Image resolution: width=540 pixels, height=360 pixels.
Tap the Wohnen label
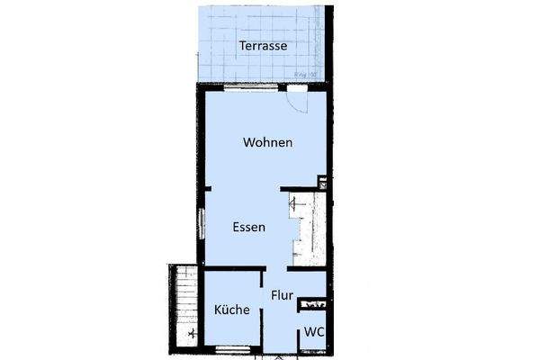pyautogui.click(x=267, y=142)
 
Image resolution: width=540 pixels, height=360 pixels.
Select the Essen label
pyautogui.click(x=247, y=228)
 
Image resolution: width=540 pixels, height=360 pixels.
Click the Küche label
pyautogui.click(x=231, y=310)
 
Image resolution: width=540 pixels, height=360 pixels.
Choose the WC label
pyautogui.click(x=314, y=331)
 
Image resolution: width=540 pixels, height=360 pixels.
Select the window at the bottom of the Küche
pyautogui.click(x=232, y=348)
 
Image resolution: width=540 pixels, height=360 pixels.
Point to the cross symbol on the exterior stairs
pyautogui.click(x=192, y=332)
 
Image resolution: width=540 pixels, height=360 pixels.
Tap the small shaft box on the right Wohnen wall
pyautogui.click(x=322, y=185)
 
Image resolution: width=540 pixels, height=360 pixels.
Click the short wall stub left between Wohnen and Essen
pyautogui.click(x=205, y=187)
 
